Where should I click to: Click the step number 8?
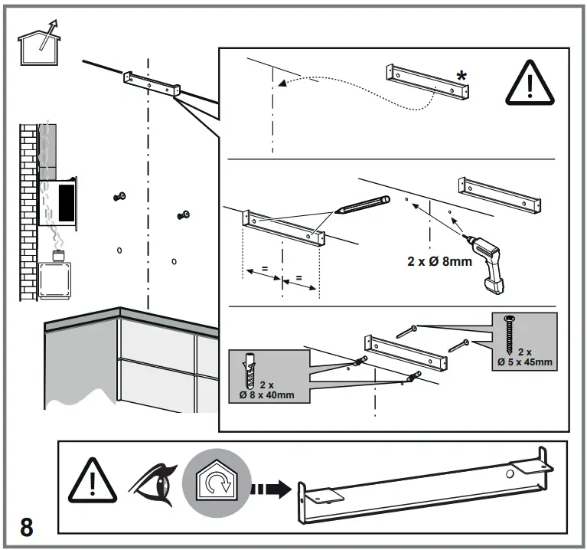26,527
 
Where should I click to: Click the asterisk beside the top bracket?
461,76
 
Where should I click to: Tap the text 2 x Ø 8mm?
439,261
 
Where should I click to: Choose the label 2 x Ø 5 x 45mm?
526,357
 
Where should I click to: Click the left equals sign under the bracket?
263,270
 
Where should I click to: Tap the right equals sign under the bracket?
299,278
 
